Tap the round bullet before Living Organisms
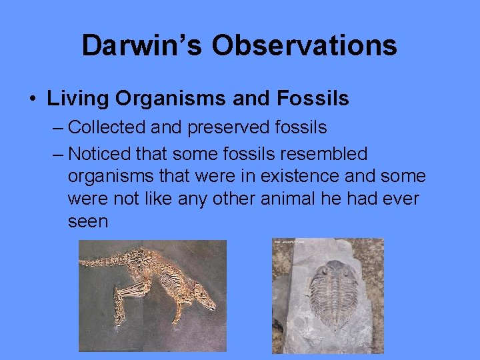(x=32, y=99)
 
